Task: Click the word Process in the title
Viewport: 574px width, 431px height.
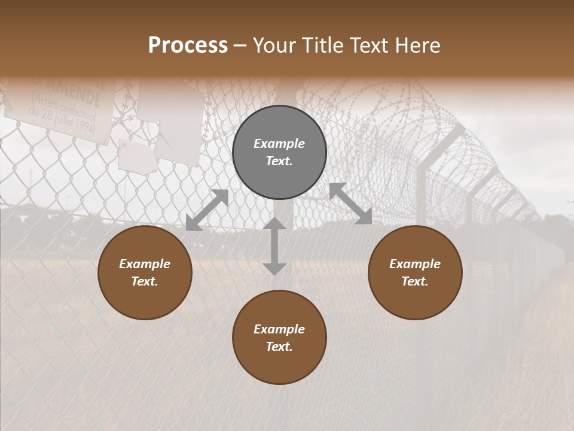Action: click(188, 45)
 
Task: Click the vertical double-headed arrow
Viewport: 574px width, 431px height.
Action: click(274, 246)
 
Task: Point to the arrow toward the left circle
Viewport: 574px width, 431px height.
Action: click(207, 210)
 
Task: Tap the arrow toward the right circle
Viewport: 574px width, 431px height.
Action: click(350, 204)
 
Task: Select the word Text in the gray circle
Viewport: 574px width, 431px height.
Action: click(279, 162)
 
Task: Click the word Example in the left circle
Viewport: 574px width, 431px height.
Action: click(145, 264)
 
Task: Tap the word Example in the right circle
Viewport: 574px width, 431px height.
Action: click(415, 264)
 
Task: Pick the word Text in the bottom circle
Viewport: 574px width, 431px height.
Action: click(279, 347)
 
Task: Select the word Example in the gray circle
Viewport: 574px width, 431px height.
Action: click(279, 144)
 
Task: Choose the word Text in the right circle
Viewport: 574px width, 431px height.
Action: click(415, 281)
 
